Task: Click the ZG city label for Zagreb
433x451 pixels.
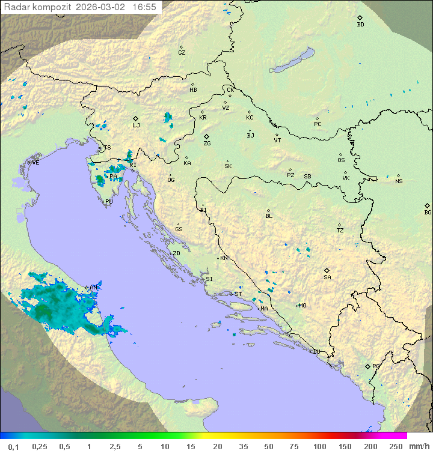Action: pos(207,144)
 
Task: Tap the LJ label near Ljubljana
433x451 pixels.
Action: pos(136,126)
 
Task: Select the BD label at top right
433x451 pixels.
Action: pos(360,25)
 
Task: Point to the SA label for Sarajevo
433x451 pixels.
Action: pos(327,277)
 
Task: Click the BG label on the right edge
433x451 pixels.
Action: pos(428,213)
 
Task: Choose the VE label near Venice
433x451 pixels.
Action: pos(35,163)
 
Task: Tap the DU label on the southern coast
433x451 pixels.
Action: pos(316,352)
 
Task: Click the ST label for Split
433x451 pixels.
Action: pos(238,294)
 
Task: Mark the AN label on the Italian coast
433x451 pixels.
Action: pos(94,288)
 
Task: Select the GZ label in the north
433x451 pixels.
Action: pos(182,53)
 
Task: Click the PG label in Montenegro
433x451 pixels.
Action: pos(376,366)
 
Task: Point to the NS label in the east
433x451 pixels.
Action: pos(398,181)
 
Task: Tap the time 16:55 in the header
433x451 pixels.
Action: pos(144,7)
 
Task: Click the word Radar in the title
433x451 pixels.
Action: pos(16,7)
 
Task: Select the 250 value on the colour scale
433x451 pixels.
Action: pos(395,446)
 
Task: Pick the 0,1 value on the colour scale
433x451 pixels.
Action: pos(13,446)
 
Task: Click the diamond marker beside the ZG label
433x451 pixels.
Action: pos(206,137)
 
